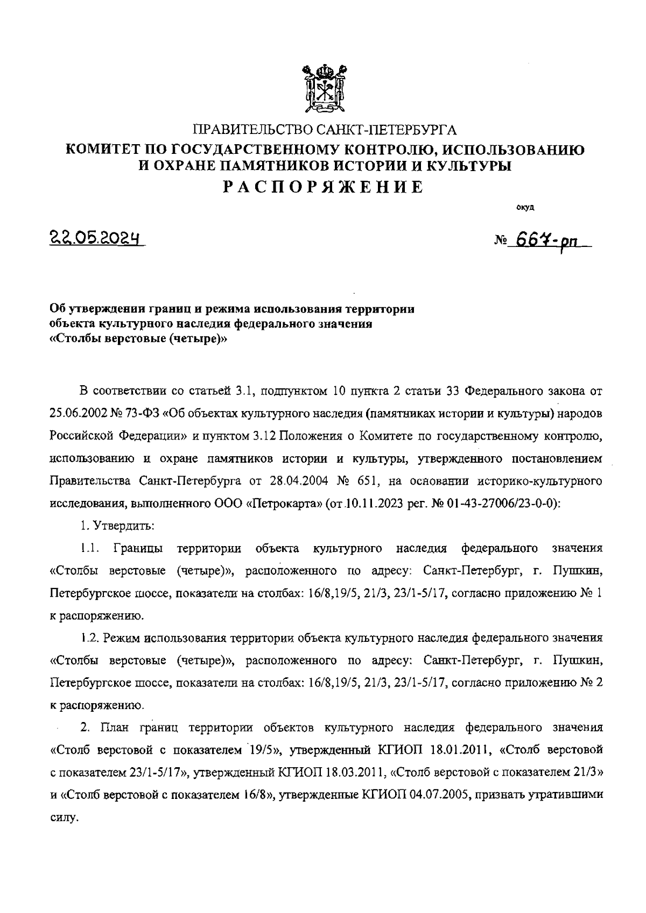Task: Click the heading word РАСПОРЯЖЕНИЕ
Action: click(324, 187)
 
